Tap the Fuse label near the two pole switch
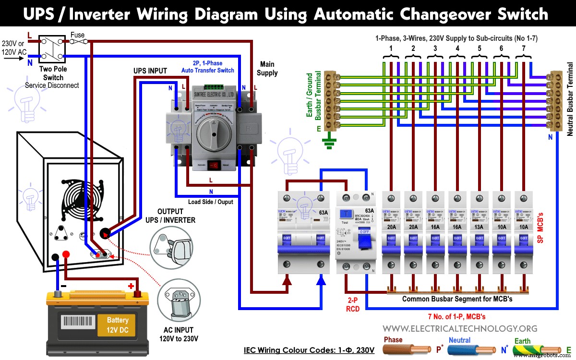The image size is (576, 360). tap(77, 35)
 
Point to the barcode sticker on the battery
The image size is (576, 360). tap(76, 321)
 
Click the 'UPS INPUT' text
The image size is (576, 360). tap(150, 71)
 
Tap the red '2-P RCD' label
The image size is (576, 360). tap(353, 305)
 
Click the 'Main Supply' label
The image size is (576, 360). tap(267, 68)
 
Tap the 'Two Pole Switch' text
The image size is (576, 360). tap(53, 73)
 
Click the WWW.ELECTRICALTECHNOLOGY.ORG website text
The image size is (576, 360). tap(460, 328)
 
